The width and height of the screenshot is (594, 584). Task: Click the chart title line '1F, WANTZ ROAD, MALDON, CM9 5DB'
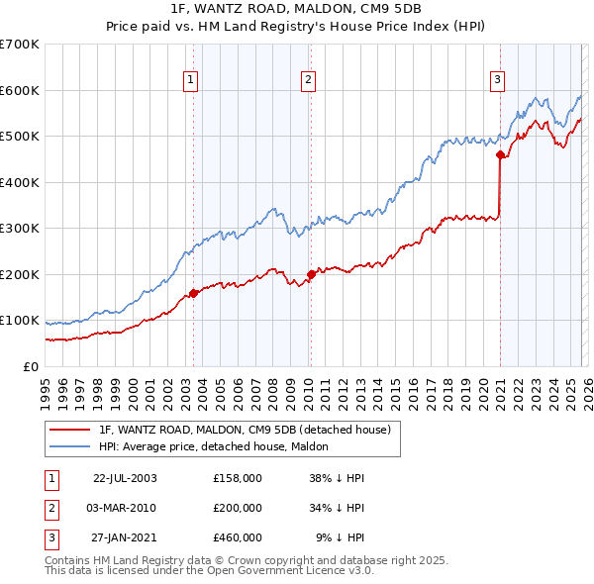pos(296,10)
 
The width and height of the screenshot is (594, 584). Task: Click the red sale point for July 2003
pos(194,293)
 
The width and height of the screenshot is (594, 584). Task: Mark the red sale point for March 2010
pos(311,274)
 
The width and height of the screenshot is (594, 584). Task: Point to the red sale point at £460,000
pos(501,154)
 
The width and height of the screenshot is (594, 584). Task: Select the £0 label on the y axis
pos(30,366)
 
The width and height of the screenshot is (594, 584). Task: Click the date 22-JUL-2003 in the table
pos(125,477)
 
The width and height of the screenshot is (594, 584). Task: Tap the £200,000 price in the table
pos(238,508)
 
